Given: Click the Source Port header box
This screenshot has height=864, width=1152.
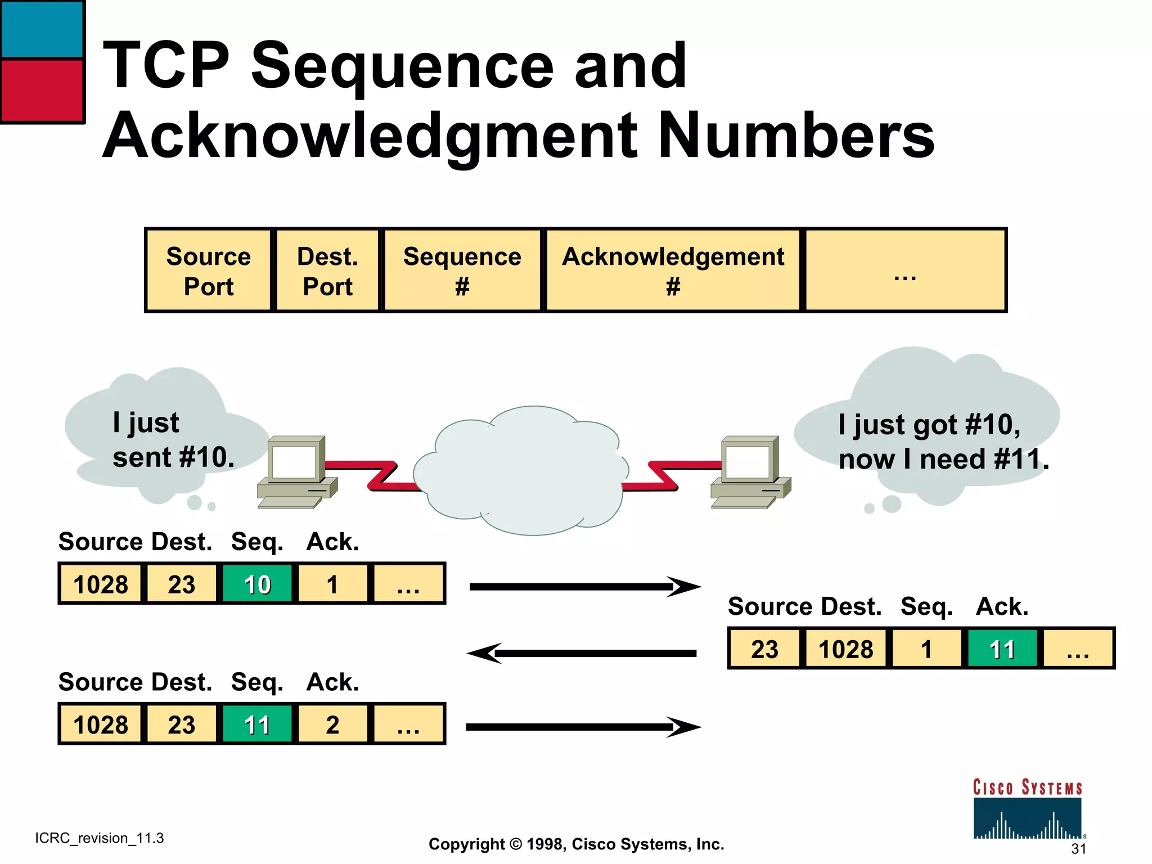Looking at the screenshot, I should (208, 271).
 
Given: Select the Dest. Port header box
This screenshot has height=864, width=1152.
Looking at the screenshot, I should (327, 271).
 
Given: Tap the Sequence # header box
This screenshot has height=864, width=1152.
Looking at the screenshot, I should (462, 271).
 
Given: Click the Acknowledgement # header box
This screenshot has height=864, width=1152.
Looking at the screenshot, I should (673, 271).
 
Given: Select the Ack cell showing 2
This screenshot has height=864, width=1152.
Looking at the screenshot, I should (332, 724).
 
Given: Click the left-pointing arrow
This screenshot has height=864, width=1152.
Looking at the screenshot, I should (582, 653).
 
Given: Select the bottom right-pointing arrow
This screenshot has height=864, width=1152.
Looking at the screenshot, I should (582, 727).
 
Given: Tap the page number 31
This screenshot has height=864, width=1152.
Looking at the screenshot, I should (1078, 848).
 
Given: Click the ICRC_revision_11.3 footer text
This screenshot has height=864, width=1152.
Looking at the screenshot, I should (99, 838).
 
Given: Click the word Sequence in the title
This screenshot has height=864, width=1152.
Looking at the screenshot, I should (402, 66).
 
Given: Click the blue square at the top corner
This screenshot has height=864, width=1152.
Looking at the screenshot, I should (42, 29).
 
